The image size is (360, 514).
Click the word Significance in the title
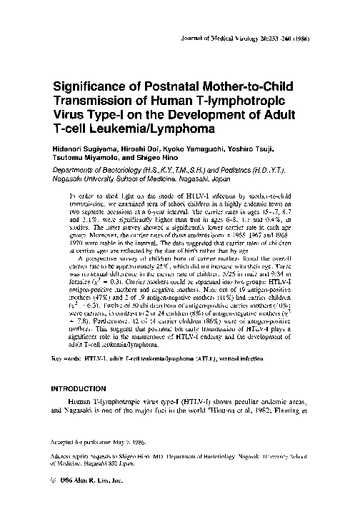(96, 85)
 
